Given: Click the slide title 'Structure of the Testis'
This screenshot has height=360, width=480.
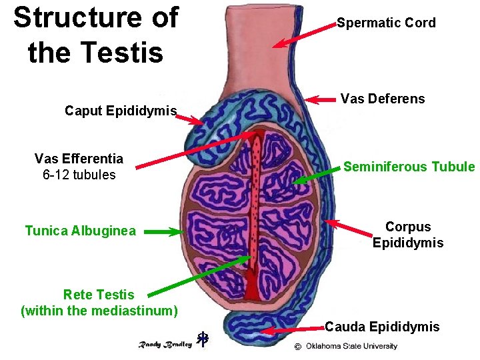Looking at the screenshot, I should coord(95,35).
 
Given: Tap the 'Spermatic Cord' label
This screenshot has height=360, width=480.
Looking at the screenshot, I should coord(386,23).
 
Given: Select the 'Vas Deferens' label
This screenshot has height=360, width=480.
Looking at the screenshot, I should coord(382,99).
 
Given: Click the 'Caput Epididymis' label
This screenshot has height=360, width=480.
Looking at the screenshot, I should coord(121,111).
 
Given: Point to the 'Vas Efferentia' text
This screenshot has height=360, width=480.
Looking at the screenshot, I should coord(79,159).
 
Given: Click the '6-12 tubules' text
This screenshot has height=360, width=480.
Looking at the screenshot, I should coord(79,175).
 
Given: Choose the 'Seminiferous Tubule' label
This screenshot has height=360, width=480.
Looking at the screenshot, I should coord(409,167).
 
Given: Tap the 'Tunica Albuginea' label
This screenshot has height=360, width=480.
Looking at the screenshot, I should coord(80,231).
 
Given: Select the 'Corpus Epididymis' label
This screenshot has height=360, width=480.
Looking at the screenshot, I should coord(408,235).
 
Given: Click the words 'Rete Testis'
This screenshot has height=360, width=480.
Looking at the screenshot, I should coord(99,295).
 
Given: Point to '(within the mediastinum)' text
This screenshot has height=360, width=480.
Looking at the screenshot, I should coord(99,311).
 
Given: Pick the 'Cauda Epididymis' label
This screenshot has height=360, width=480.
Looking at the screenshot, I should coord(382,327).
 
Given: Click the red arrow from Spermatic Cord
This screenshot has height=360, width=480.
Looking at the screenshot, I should coord(303,35).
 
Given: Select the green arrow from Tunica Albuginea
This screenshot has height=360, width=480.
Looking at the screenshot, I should coord(164,232).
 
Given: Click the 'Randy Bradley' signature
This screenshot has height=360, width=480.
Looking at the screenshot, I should coord(165,344).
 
